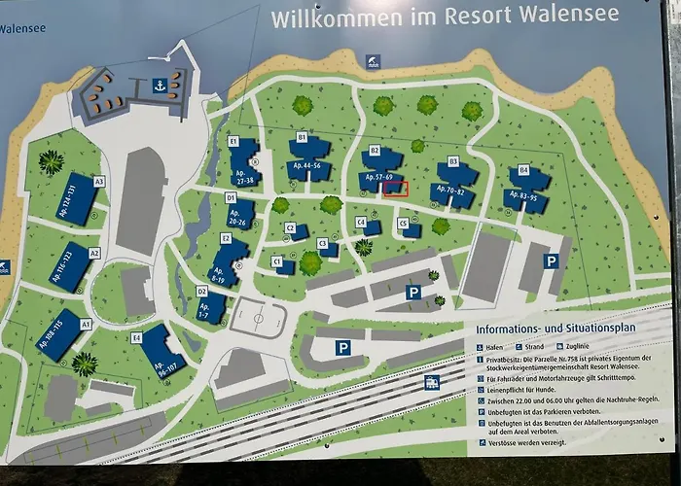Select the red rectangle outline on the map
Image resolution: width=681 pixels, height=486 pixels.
[x=395, y=189]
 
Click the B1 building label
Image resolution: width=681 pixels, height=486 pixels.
[x=302, y=138]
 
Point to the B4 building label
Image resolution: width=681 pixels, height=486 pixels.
[x=523, y=170]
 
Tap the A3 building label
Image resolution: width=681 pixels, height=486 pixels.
[x=98, y=181]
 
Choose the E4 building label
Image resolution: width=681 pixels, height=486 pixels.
[x=137, y=337]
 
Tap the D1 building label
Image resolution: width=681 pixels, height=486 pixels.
[x=231, y=197]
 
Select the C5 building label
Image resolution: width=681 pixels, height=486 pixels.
[x=402, y=223]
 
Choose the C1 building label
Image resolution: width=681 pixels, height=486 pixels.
[x=276, y=260]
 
